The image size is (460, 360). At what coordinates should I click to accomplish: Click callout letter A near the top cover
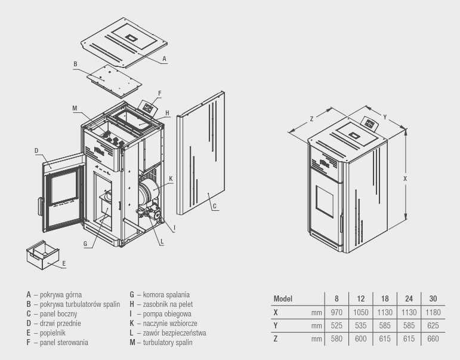click(164, 59)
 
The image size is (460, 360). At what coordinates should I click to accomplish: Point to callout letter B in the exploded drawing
click(75, 64)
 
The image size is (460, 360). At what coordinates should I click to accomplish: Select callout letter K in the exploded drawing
click(171, 178)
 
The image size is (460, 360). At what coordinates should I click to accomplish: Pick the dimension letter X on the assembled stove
click(405, 178)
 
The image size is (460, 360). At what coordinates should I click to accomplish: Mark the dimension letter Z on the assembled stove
click(312, 119)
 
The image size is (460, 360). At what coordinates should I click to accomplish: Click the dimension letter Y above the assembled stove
click(385, 116)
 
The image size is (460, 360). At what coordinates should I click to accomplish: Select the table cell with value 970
click(336, 312)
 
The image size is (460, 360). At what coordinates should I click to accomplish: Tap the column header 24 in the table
click(409, 299)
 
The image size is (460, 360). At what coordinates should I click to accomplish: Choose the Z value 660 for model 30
click(433, 339)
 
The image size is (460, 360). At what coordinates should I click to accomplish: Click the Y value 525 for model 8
click(336, 325)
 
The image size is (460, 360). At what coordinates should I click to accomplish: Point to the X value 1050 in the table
click(360, 312)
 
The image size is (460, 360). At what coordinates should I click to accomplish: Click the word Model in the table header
click(283, 299)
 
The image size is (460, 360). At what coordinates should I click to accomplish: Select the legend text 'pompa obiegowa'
click(167, 313)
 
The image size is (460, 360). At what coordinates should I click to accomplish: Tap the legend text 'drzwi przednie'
click(60, 323)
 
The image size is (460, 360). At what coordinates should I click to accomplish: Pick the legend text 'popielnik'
click(53, 333)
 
